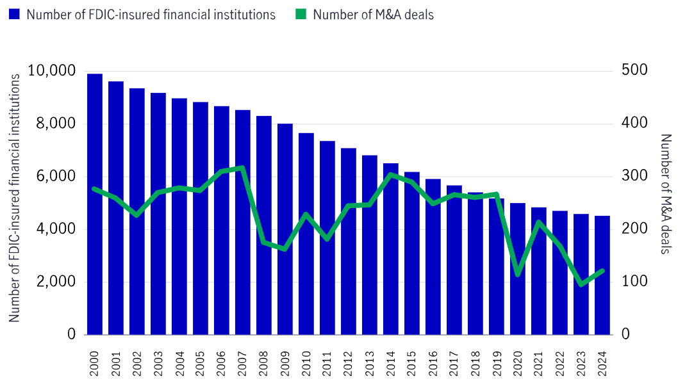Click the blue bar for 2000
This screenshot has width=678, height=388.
coord(95,204)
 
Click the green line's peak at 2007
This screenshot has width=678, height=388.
coord(242,168)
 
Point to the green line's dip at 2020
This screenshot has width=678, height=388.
coord(518,275)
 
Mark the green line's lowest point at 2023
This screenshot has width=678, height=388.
coord(581,284)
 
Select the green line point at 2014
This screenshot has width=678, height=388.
coord(391,174)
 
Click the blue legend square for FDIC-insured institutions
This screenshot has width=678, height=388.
coord(14,14)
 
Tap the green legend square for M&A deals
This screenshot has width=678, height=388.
coord(301,14)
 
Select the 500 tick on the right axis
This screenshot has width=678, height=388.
coord(634,70)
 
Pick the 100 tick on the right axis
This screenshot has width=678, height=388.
coord(634,282)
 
